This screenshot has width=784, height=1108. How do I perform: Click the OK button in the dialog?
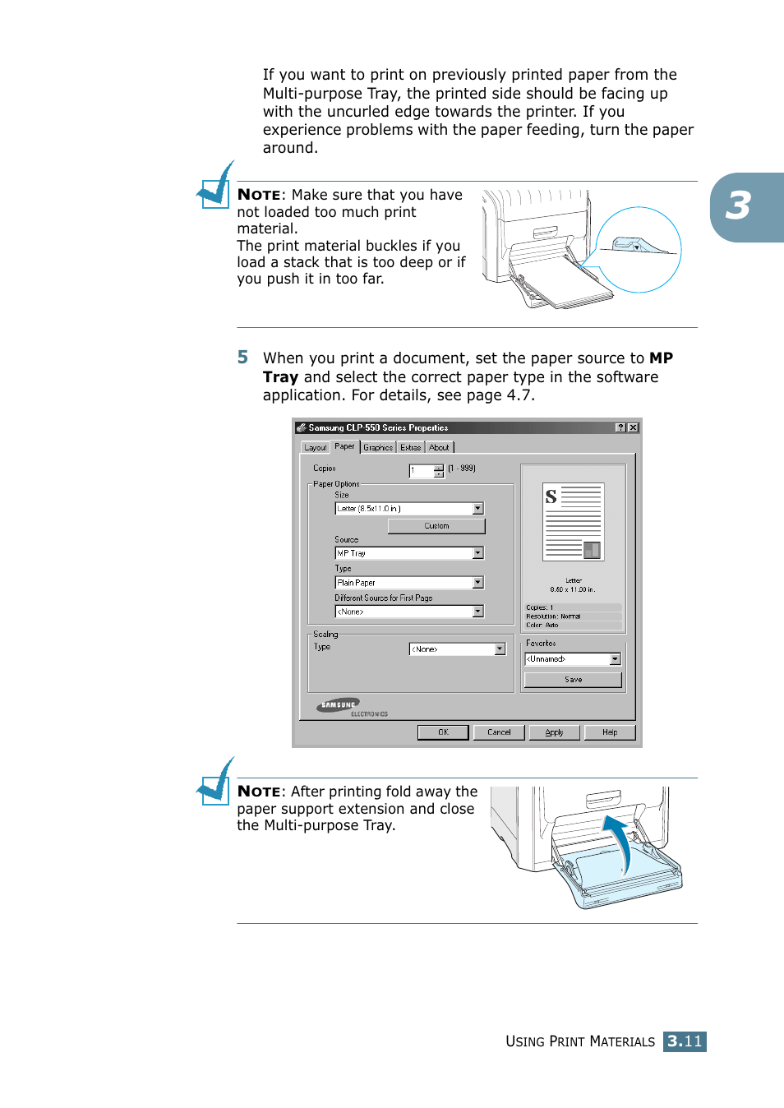point(443,732)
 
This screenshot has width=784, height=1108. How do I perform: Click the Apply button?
point(554,732)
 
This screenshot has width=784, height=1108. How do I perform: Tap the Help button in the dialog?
point(610,732)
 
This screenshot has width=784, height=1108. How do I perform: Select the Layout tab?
point(315,448)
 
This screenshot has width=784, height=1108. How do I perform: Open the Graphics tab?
point(378,448)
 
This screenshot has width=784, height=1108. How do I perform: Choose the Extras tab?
point(411,448)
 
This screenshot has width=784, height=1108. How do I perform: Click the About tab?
point(440,448)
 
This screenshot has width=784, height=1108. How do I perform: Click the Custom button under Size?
point(436,526)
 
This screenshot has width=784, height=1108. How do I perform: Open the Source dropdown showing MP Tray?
point(408,553)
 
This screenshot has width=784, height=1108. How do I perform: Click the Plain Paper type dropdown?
point(408,583)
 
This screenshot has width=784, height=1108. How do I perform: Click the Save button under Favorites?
point(573,680)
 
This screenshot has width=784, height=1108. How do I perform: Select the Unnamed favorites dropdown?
point(573,659)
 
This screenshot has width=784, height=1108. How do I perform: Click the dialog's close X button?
point(633,427)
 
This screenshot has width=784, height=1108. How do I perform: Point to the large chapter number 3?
point(738,206)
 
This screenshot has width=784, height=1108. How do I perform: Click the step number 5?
point(242,358)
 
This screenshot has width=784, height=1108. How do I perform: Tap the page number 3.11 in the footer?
point(685,1041)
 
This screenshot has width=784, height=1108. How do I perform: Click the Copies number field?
point(422,471)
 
